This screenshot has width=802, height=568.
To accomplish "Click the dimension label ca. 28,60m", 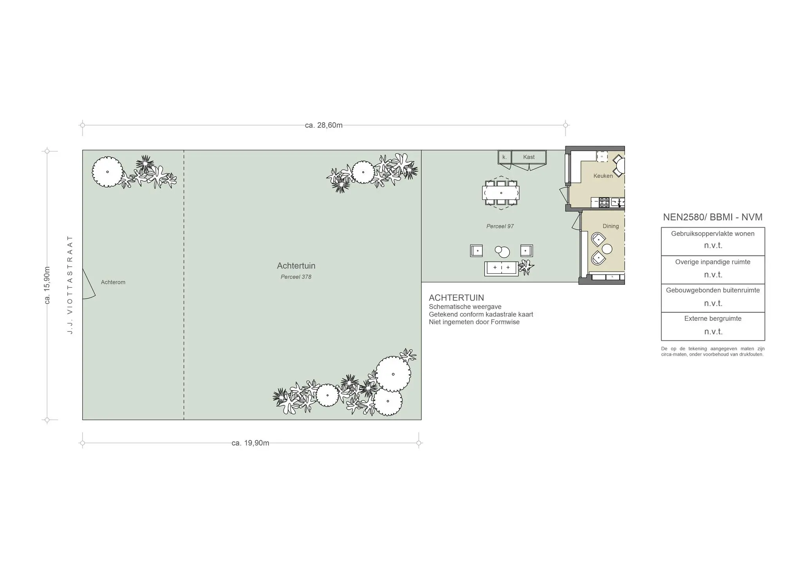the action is pyautogui.click(x=323, y=125).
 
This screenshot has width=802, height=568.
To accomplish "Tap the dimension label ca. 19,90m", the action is pyautogui.click(x=250, y=443).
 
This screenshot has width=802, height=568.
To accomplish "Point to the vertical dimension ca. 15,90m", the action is pyautogui.click(x=47, y=285).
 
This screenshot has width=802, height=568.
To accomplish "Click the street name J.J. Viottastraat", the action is pyautogui.click(x=70, y=284).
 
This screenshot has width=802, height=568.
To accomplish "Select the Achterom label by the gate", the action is pyautogui.click(x=113, y=282).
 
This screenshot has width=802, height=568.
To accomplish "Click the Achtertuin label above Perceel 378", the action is pyautogui.click(x=296, y=266).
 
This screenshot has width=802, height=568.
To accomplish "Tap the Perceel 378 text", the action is pyautogui.click(x=296, y=277).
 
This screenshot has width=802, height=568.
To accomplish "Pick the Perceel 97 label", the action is pyautogui.click(x=500, y=226).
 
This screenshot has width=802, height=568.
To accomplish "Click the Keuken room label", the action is pyautogui.click(x=603, y=176).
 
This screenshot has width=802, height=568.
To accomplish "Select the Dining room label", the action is pyautogui.click(x=611, y=226).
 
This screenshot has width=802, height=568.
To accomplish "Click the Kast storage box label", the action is pyautogui.click(x=529, y=157).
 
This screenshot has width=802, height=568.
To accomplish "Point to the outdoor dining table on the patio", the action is pyautogui.click(x=501, y=193).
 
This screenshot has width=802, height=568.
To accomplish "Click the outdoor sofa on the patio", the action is pyautogui.click(x=501, y=269).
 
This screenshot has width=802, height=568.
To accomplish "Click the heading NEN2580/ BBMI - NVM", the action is pyautogui.click(x=713, y=217).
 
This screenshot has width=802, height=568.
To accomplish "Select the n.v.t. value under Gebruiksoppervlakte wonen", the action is pyautogui.click(x=713, y=246).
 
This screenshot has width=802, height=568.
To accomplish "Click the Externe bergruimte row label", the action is pyautogui.click(x=713, y=318).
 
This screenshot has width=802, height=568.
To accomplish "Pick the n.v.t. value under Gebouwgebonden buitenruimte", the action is pyautogui.click(x=713, y=303).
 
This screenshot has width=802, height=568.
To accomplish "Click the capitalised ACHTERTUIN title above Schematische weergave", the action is pyautogui.click(x=456, y=298).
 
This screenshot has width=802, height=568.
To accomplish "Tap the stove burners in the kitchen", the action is pyautogui.click(x=604, y=203).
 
